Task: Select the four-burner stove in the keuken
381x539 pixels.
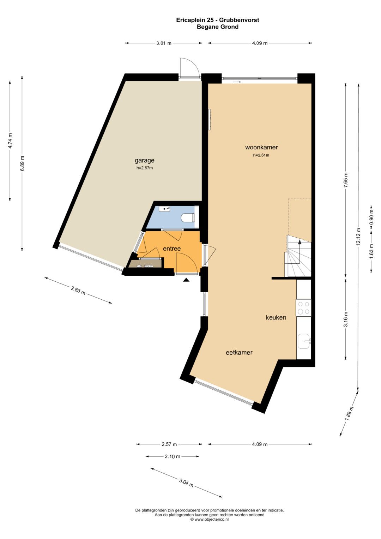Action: [303, 308]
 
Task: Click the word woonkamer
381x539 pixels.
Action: [261, 147]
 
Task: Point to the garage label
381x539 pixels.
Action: [144, 161]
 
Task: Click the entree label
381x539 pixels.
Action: [172, 248]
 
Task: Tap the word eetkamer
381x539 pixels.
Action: [239, 353]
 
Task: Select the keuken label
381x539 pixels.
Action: [276, 317]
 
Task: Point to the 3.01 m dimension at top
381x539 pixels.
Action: [164, 43]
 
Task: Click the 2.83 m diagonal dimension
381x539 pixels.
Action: [78, 291]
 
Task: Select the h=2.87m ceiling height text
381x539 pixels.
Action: [145, 168]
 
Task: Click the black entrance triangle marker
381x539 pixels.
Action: [186, 280]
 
